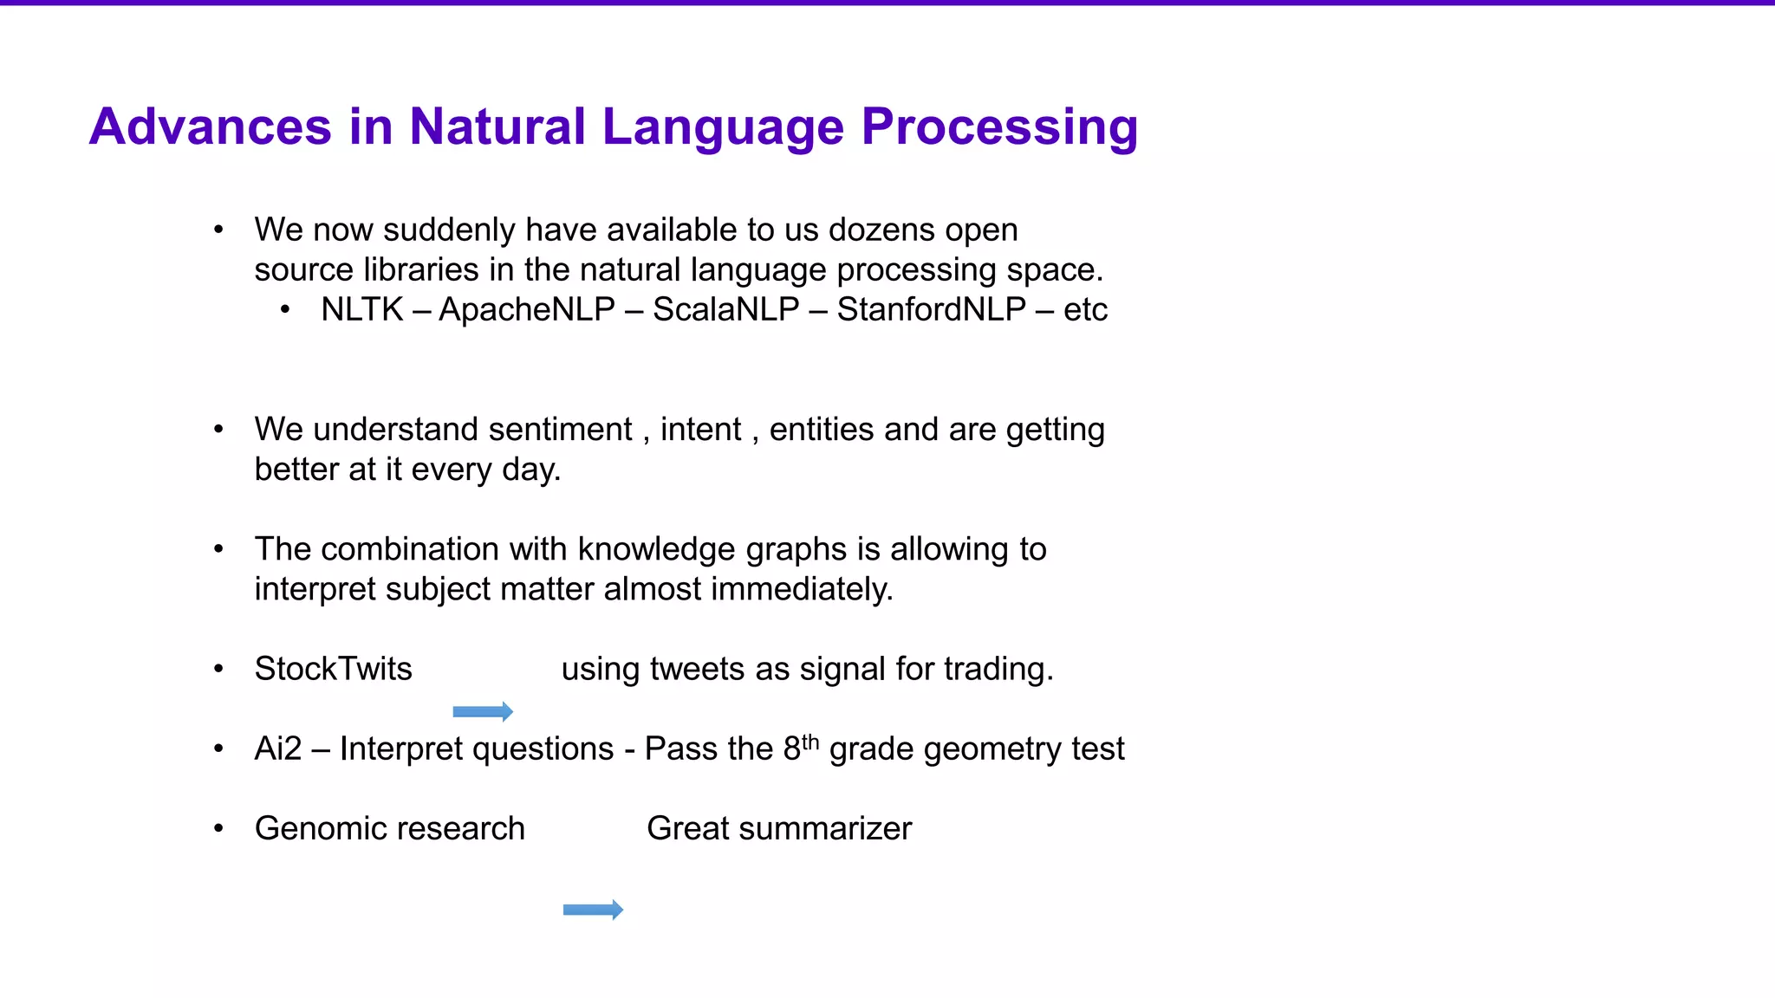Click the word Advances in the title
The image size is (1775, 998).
(x=211, y=126)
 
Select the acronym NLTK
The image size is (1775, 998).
(x=361, y=309)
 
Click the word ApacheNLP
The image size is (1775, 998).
(x=527, y=309)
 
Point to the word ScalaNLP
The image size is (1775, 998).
(x=725, y=309)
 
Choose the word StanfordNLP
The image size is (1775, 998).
(x=931, y=309)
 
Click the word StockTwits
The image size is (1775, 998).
(x=333, y=669)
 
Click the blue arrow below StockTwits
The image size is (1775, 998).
(x=483, y=712)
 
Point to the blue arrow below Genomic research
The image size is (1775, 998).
(x=593, y=910)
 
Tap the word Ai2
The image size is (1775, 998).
(x=277, y=748)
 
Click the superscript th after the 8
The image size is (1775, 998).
(x=810, y=742)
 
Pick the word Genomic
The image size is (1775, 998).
(x=314, y=829)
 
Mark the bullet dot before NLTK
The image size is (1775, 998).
(x=285, y=310)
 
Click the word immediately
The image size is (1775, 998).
(x=802, y=589)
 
